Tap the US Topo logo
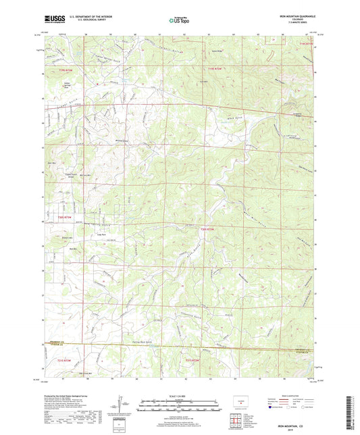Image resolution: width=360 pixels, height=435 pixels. point(178,20)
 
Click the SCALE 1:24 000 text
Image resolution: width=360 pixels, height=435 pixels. point(180,396)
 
